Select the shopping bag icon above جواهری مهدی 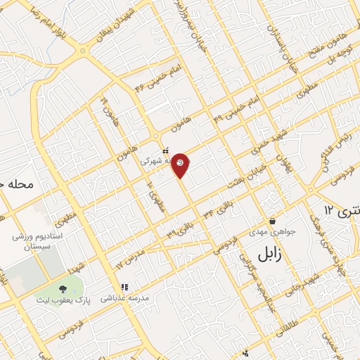[271, 221]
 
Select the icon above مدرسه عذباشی [124, 287]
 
